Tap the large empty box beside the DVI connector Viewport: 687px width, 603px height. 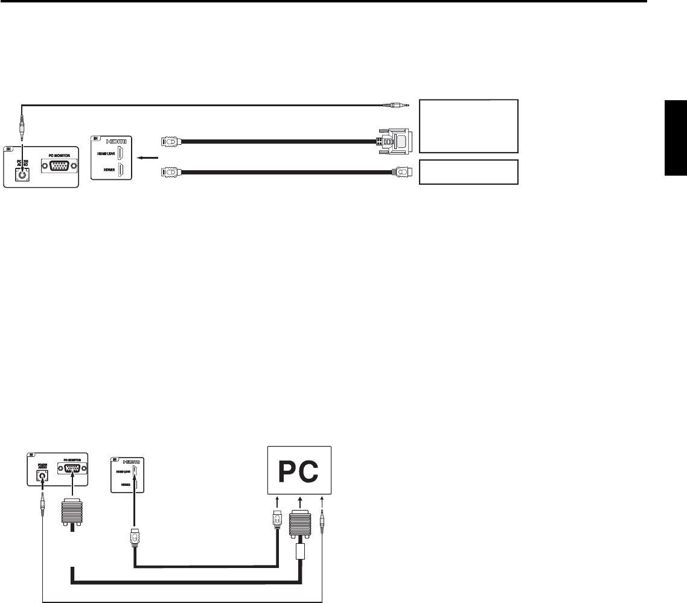pyautogui.click(x=468, y=126)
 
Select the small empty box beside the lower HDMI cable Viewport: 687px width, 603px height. pyautogui.click(x=468, y=172)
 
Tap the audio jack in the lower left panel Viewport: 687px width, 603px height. pyautogui.click(x=42, y=475)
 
